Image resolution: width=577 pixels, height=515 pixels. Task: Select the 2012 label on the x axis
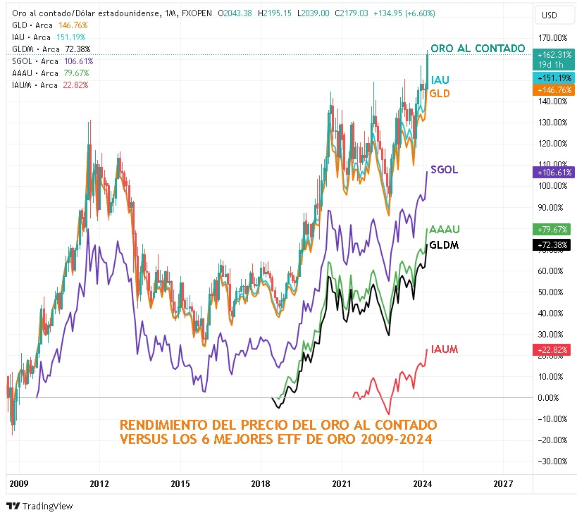(99, 484)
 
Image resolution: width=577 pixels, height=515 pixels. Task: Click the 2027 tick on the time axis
(502, 484)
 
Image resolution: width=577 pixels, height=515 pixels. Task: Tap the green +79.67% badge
(552, 229)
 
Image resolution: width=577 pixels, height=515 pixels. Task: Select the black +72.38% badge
(552, 244)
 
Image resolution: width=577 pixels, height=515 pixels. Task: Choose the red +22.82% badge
(552, 349)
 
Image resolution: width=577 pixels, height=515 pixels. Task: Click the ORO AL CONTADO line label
(478, 49)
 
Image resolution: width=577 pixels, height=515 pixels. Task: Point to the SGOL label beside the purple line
(444, 170)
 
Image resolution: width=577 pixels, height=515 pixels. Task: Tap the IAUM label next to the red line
(445, 349)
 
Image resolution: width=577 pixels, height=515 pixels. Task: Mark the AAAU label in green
(445, 230)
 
